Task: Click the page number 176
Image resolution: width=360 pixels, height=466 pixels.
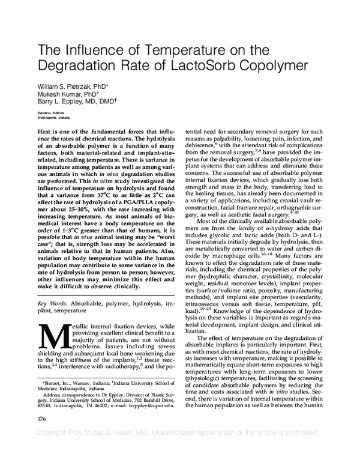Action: point(42,435)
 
